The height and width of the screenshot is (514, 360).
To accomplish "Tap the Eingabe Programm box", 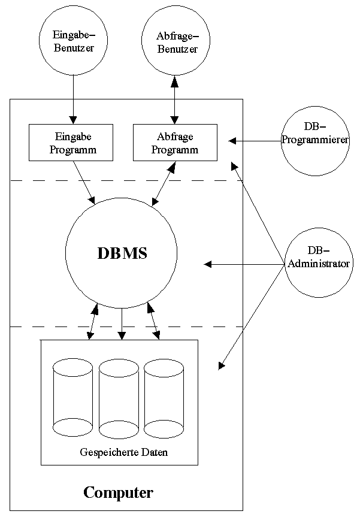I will tap(71, 143).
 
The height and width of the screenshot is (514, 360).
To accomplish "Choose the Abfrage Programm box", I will tap(175, 143).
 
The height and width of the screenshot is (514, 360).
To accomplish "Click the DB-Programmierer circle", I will tap(315, 141).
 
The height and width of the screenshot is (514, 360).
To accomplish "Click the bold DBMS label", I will tap(122, 253).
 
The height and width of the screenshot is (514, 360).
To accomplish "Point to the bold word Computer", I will tap(118, 493).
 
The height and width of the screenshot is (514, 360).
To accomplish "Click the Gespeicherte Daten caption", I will tap(123, 452).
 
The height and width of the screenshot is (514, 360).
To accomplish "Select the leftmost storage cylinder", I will tap(72, 397).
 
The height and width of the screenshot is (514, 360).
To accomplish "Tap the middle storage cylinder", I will tap(119, 398).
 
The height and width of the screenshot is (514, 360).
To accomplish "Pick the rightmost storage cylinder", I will tap(164, 398).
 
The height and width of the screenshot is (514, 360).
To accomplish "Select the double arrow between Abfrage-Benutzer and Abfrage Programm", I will tap(175, 100).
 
